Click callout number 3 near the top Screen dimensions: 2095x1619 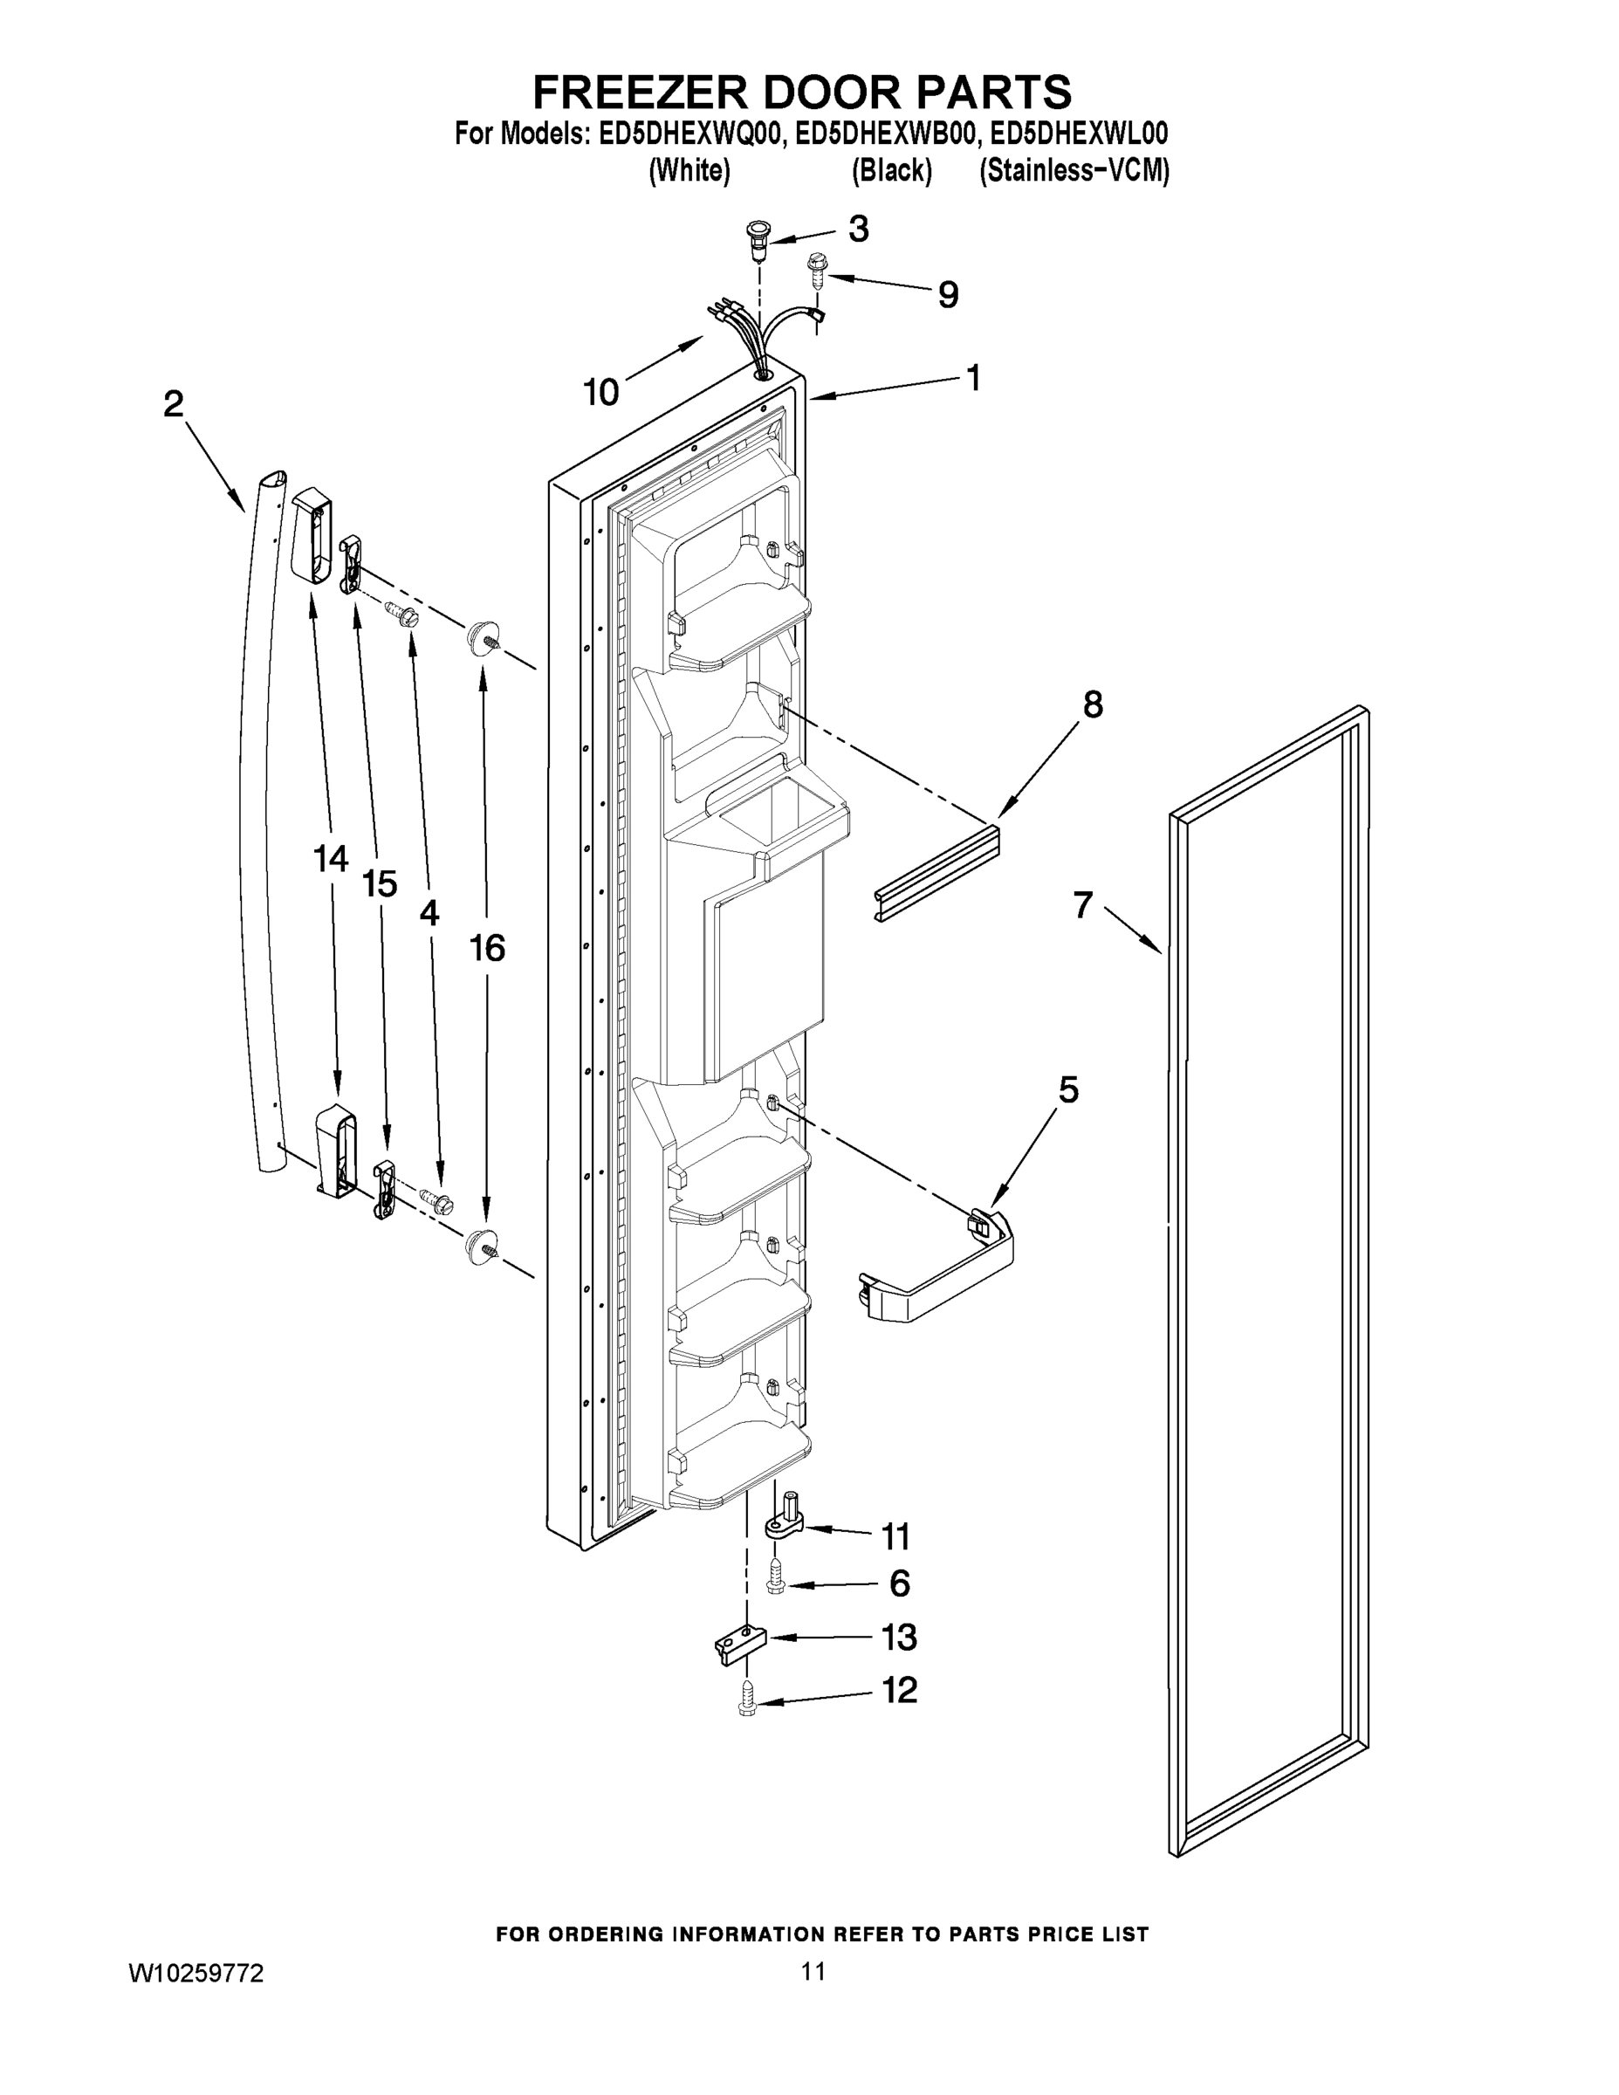859,230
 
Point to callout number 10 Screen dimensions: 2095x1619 601,392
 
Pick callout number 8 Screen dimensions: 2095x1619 1094,705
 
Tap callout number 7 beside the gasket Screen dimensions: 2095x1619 1083,904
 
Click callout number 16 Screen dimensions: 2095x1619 487,949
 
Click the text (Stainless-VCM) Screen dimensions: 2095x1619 1074,171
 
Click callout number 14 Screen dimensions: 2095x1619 331,860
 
